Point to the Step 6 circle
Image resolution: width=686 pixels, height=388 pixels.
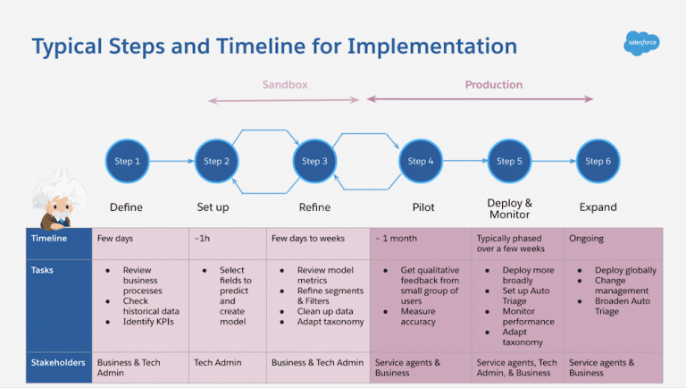coord(598,161)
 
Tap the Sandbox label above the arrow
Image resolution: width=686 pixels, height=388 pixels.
coord(284,85)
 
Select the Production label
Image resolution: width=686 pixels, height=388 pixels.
coord(493,85)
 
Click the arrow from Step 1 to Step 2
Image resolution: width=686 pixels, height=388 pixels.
coord(171,161)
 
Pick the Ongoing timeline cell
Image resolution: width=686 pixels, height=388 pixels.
coord(587,239)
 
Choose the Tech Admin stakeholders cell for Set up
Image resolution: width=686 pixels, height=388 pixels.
coord(217,362)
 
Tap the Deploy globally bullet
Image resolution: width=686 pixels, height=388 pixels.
coord(624,270)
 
